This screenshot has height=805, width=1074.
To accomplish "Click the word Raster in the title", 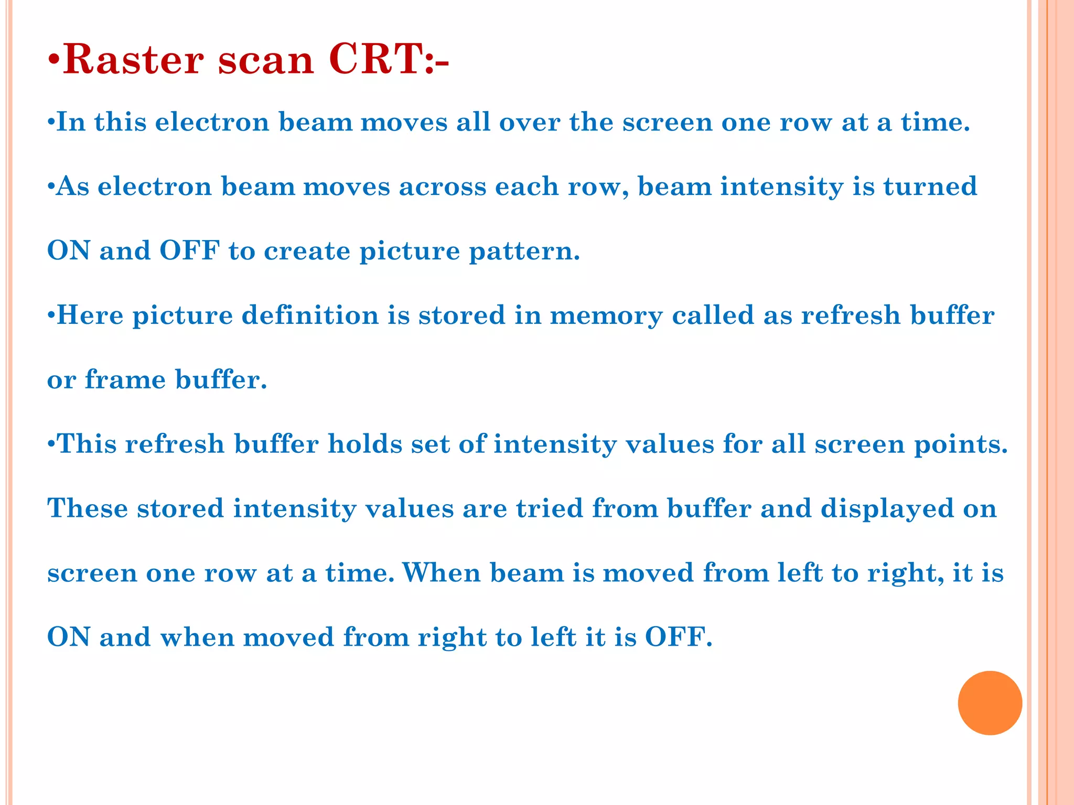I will click(x=133, y=60).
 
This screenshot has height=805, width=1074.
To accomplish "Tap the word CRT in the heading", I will click(x=380, y=60).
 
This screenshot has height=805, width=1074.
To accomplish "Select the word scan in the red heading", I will click(x=266, y=60).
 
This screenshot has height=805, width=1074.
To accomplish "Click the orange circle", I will click(x=990, y=703).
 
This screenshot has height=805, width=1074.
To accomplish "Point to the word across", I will click(x=443, y=187).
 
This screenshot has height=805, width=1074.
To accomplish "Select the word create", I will click(x=307, y=251).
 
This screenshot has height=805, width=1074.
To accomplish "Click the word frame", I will click(x=125, y=379).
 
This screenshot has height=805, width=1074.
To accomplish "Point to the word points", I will click(x=961, y=445).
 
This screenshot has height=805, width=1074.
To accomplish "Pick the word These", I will click(x=88, y=508).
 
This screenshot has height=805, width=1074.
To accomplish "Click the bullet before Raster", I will click(x=54, y=61).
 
